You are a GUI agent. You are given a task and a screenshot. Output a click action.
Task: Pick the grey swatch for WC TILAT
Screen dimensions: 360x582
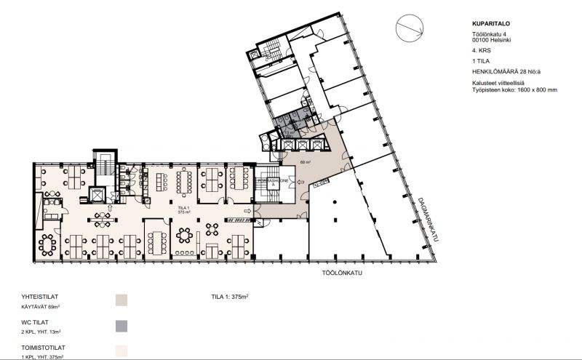pyautogui.click(x=121, y=325)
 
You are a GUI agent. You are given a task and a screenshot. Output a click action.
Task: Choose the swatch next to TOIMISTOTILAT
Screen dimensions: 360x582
pyautogui.click(x=121, y=351)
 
